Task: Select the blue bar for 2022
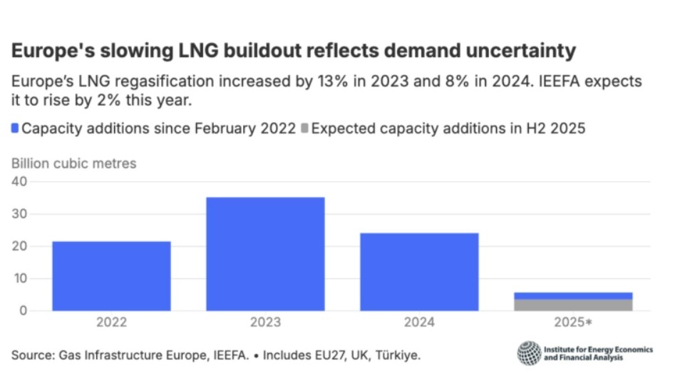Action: pyautogui.click(x=111, y=275)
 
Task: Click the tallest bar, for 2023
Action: pyautogui.click(x=265, y=253)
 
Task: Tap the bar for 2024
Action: pyautogui.click(x=419, y=271)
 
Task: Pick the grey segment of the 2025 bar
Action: pyautogui.click(x=573, y=305)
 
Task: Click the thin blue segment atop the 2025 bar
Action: pyautogui.click(x=573, y=295)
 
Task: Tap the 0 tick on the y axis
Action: pyautogui.click(x=23, y=310)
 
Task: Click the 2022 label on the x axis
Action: pyautogui.click(x=111, y=323)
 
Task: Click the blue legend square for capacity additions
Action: pyautogui.click(x=15, y=129)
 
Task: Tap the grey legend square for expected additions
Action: pyautogui.click(x=304, y=129)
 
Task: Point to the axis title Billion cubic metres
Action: pyautogui.click(x=73, y=163)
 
